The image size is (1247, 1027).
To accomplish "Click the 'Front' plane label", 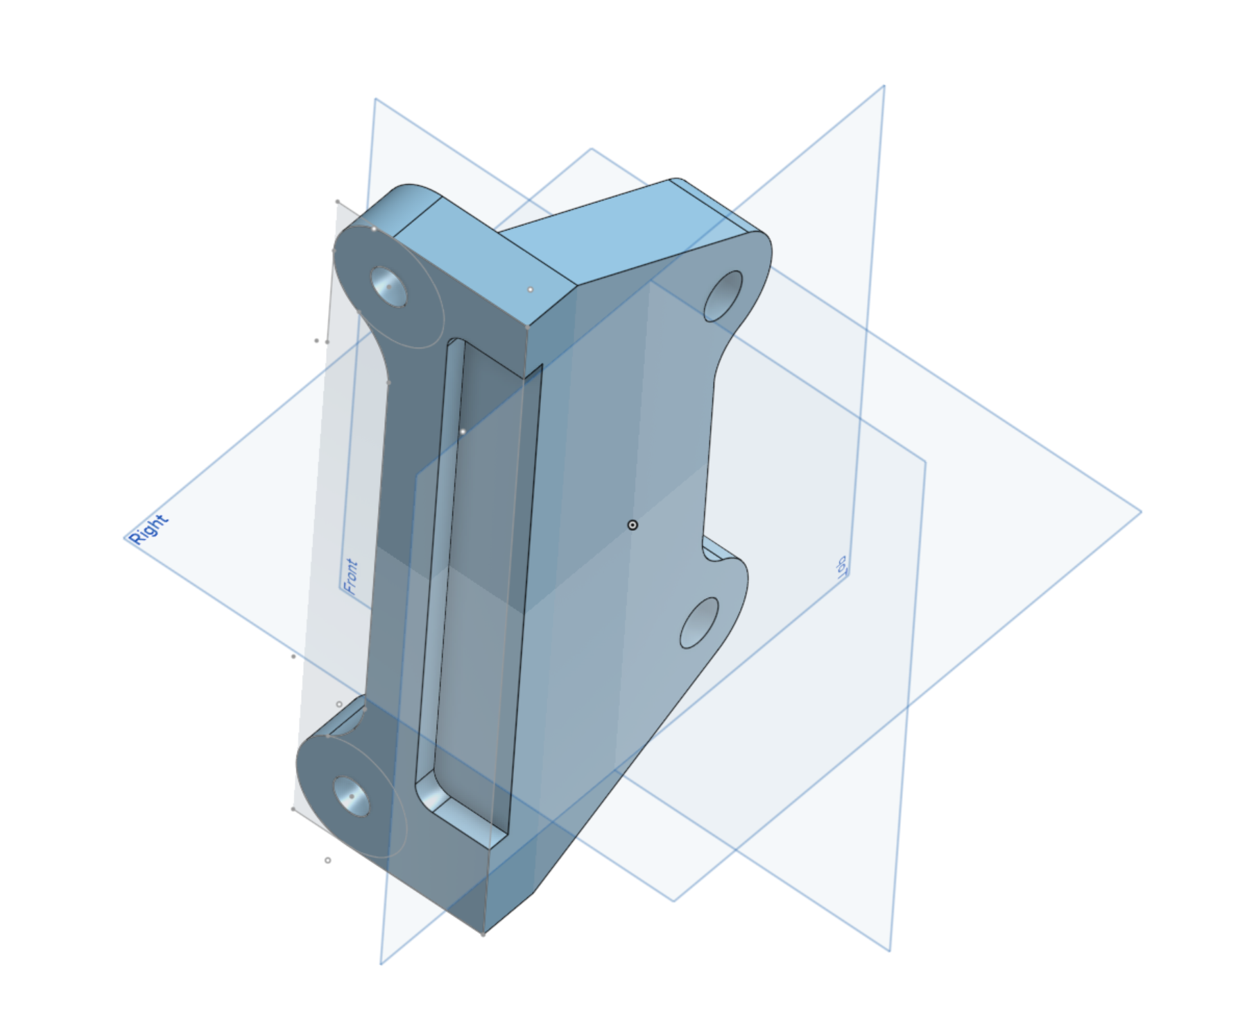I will [x=351, y=577].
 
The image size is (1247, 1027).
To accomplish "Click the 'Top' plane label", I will [x=841, y=567].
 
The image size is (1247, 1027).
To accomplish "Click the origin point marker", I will [x=633, y=525].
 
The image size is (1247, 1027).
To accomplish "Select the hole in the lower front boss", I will [x=352, y=796].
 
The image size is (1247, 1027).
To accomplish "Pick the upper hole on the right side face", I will [x=723, y=296].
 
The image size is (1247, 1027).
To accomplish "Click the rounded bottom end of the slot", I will [x=433, y=795].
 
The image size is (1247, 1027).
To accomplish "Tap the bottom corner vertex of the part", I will [x=483, y=934].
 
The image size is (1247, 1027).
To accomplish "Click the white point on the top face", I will [x=531, y=289].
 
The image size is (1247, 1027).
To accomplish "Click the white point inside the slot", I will [x=463, y=432].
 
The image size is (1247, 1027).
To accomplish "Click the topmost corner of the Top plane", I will [x=884, y=86].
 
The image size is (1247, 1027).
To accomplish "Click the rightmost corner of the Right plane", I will [x=1141, y=512].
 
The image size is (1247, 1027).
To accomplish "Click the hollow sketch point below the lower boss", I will [x=327, y=860].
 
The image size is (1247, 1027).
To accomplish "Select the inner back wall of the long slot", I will [x=485, y=555].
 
